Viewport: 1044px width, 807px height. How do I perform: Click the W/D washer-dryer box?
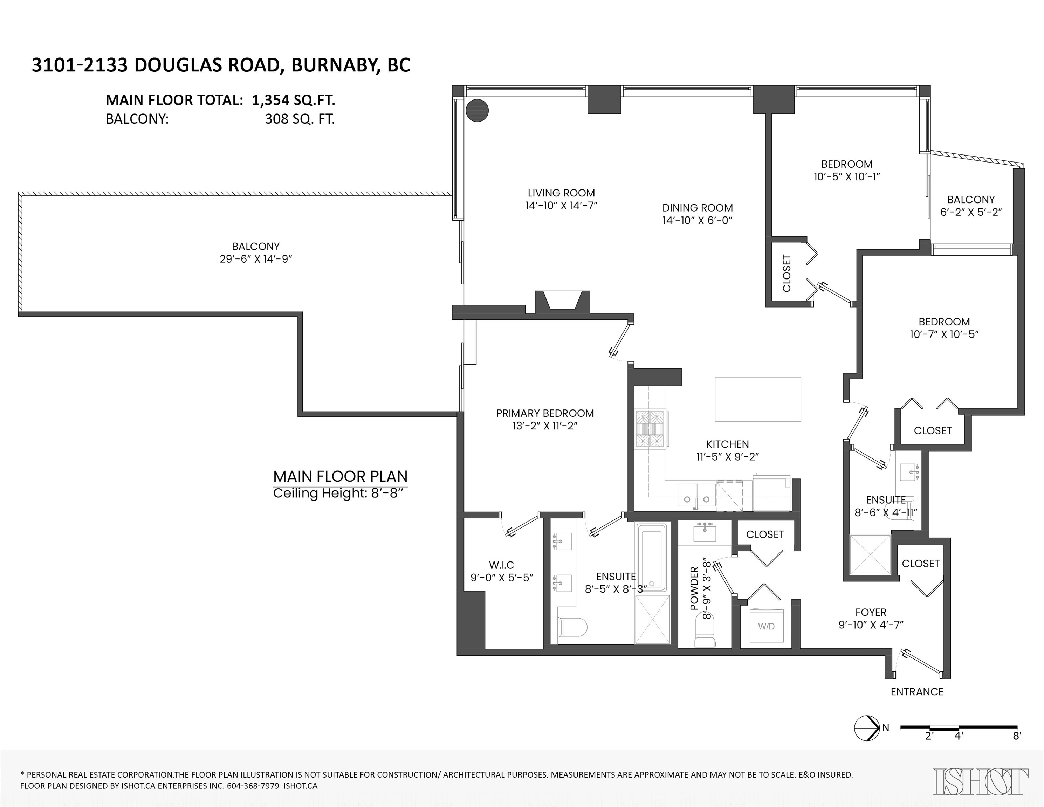pyautogui.click(x=766, y=626)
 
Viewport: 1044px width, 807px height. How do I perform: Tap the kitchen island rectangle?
pyautogui.click(x=758, y=399)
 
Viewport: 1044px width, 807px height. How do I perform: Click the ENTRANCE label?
pyautogui.click(x=917, y=691)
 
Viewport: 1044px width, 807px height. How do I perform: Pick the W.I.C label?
pyautogui.click(x=501, y=565)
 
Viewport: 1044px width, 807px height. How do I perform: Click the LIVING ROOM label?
pyautogui.click(x=561, y=193)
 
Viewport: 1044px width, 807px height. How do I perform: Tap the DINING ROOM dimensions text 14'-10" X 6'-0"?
pyautogui.click(x=698, y=220)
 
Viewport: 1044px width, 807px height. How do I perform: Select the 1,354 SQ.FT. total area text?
pyautogui.click(x=294, y=100)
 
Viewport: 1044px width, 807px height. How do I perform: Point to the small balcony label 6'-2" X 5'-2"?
pyautogui.click(x=971, y=212)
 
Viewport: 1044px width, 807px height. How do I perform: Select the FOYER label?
pyautogui.click(x=871, y=612)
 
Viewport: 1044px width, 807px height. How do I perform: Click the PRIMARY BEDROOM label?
pyautogui.click(x=545, y=413)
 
